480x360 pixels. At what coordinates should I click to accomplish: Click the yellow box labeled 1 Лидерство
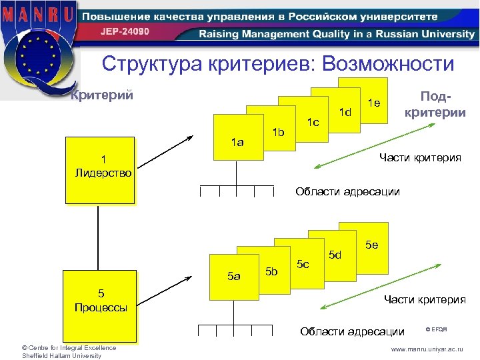(99, 170)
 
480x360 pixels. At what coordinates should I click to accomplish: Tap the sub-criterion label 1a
(237, 141)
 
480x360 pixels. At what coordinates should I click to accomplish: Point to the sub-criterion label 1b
(278, 132)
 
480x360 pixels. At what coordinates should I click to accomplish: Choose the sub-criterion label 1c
(313, 122)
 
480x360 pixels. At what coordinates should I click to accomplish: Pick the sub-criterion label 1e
(374, 102)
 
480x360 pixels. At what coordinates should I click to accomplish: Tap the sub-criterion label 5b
(271, 271)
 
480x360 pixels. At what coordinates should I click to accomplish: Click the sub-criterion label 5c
(303, 264)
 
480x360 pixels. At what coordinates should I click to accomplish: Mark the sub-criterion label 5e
(371, 245)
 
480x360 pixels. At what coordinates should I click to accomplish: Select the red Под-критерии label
(434, 104)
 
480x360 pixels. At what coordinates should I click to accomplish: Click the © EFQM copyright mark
(437, 329)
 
